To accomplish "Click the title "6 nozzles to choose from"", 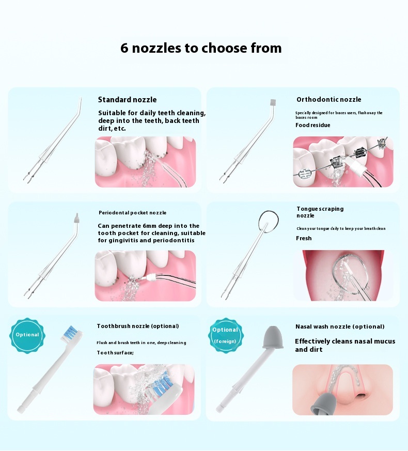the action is (x=201, y=48).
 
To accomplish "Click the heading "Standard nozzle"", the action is (x=128, y=100).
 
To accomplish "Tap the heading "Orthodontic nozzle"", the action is (x=329, y=100).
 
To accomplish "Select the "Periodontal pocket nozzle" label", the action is (x=133, y=212).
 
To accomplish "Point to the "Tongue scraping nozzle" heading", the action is (x=320, y=212).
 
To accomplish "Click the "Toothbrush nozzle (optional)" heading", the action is (x=138, y=326).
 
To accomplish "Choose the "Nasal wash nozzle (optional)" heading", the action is (x=340, y=326).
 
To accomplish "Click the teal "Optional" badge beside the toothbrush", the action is (x=27, y=335).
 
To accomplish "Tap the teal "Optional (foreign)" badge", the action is (x=225, y=335).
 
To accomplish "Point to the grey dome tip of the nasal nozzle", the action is (x=272, y=337).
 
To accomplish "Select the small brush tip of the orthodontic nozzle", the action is (x=273, y=102).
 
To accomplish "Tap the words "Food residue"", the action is (x=313, y=125).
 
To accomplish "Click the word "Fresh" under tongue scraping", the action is (x=304, y=238).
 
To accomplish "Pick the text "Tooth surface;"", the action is (x=115, y=353).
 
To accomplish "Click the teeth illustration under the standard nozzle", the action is (x=146, y=162).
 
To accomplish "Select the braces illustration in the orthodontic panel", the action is (x=343, y=162).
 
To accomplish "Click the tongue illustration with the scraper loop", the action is (x=343, y=275).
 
